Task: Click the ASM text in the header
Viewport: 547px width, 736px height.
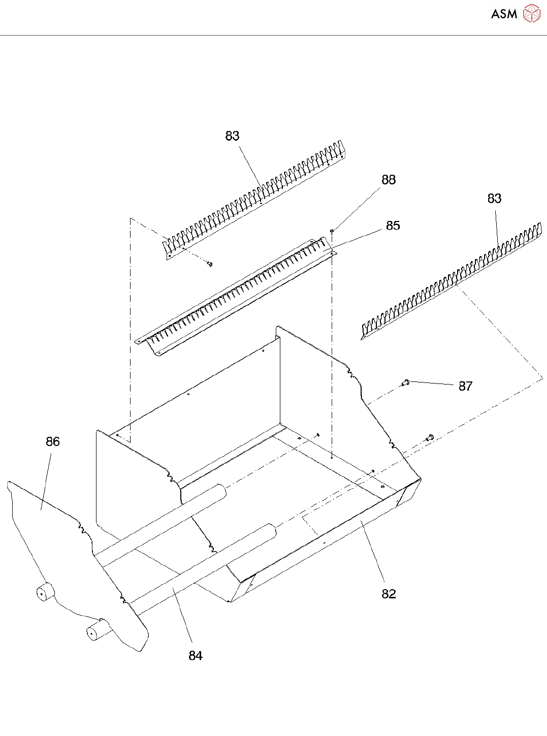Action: click(x=504, y=14)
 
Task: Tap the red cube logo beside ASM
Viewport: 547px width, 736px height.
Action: click(x=532, y=13)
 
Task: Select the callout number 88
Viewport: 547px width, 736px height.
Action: click(x=389, y=180)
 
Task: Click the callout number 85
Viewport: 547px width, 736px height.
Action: click(x=393, y=226)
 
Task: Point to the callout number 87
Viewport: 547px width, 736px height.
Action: click(x=465, y=387)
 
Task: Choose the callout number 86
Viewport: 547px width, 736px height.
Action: click(x=53, y=442)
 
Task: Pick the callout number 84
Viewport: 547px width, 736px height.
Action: click(x=196, y=656)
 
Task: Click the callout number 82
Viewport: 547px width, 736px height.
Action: click(x=389, y=594)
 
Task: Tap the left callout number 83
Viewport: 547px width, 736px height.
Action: click(x=232, y=136)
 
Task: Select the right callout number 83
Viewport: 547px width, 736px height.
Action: click(x=494, y=199)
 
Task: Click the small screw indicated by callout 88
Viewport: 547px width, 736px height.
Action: click(x=332, y=231)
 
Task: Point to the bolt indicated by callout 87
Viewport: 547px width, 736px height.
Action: click(x=405, y=382)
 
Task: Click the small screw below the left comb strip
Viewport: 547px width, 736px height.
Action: click(x=210, y=264)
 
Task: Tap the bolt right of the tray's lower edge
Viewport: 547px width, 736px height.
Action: click(x=430, y=436)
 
